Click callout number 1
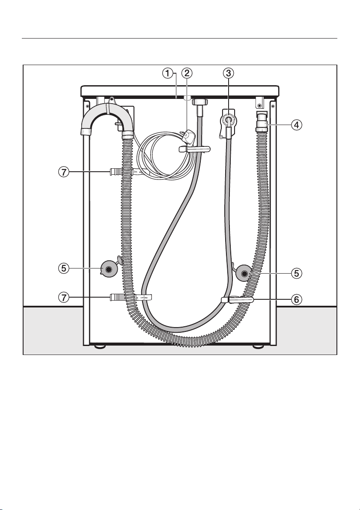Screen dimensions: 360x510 click(167, 74)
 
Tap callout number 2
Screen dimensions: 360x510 click(187, 74)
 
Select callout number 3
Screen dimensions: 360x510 click(229, 74)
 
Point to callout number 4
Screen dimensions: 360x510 click(296, 125)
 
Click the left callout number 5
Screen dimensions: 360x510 click(64, 268)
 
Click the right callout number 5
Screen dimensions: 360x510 click(297, 274)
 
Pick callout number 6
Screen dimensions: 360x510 click(297, 299)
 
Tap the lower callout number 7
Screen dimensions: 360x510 click(64, 297)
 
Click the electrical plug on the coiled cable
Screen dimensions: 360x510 click(188, 137)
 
